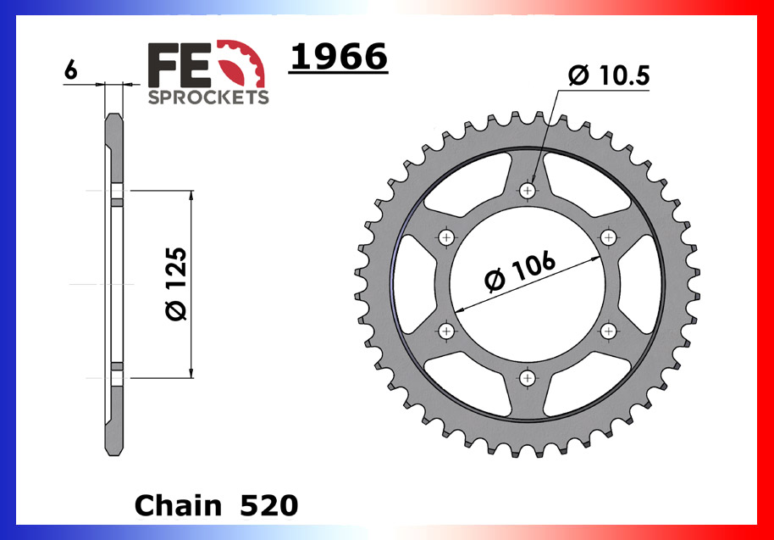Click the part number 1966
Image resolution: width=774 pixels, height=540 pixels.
[x=338, y=58]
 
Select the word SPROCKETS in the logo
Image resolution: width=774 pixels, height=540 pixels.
[x=208, y=97]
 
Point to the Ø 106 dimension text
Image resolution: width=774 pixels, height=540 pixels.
[x=520, y=272]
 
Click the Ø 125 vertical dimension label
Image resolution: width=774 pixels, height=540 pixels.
[x=175, y=284]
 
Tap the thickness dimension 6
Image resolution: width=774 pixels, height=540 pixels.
[x=71, y=71]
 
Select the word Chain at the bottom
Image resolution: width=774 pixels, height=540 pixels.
[x=175, y=505]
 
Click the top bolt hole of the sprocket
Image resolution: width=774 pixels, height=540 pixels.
[x=528, y=190]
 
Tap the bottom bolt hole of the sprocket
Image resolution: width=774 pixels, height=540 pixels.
[x=528, y=377]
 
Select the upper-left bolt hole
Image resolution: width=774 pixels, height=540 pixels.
[x=447, y=237]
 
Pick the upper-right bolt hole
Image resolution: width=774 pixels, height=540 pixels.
[x=608, y=238]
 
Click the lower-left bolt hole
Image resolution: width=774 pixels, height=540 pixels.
[x=447, y=331]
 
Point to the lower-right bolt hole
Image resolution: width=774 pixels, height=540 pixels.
[x=608, y=330]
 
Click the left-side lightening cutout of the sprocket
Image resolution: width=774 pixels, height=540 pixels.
[x=413, y=284]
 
